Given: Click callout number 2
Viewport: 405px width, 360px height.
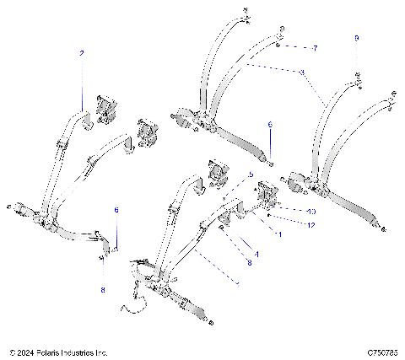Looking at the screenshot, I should coord(82,53).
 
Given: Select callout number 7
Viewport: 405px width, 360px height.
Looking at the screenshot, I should coord(315,48).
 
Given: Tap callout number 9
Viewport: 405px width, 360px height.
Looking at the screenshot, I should coord(356,39).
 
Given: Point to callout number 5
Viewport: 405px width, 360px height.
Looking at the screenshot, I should coord(251,175).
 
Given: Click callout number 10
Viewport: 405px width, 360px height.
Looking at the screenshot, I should coord(288,211).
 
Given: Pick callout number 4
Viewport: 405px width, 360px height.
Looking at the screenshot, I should coord(256,253).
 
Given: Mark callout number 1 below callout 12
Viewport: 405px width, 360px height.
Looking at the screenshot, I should coord(279,234).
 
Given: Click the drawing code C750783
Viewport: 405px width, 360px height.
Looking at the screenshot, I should coord(376,352).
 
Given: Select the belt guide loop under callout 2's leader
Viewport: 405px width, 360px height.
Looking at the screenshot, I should coord(86,123).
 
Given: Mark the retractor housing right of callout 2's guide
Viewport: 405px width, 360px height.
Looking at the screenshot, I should coord(108,108).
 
